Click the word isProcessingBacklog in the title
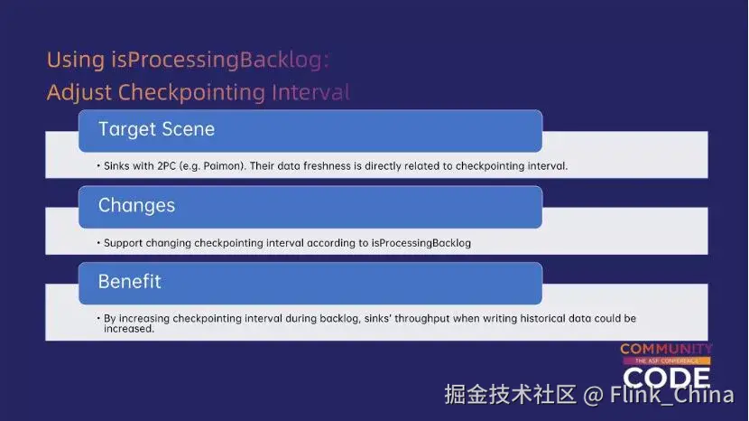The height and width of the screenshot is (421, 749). click(220, 61)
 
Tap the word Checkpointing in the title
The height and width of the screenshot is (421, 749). click(192, 92)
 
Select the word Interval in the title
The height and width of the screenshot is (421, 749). click(311, 92)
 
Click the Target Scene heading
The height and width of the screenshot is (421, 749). click(157, 129)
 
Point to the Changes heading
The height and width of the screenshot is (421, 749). click(136, 205)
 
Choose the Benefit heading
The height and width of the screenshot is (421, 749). click(129, 281)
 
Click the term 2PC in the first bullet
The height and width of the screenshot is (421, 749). click(167, 166)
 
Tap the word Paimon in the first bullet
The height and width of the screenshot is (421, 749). click(223, 166)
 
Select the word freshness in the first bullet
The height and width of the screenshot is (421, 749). click(328, 166)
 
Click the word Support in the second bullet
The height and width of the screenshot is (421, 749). click(124, 243)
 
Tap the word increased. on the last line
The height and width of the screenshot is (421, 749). click(129, 329)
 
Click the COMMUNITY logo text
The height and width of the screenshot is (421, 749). click(666, 350)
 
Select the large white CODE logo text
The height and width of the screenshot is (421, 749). click(666, 378)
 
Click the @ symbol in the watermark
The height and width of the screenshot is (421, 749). click(593, 395)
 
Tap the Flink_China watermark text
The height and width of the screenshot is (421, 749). click(671, 395)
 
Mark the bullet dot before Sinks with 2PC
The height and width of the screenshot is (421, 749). click(98, 166)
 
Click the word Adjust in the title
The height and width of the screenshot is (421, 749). click(79, 92)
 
